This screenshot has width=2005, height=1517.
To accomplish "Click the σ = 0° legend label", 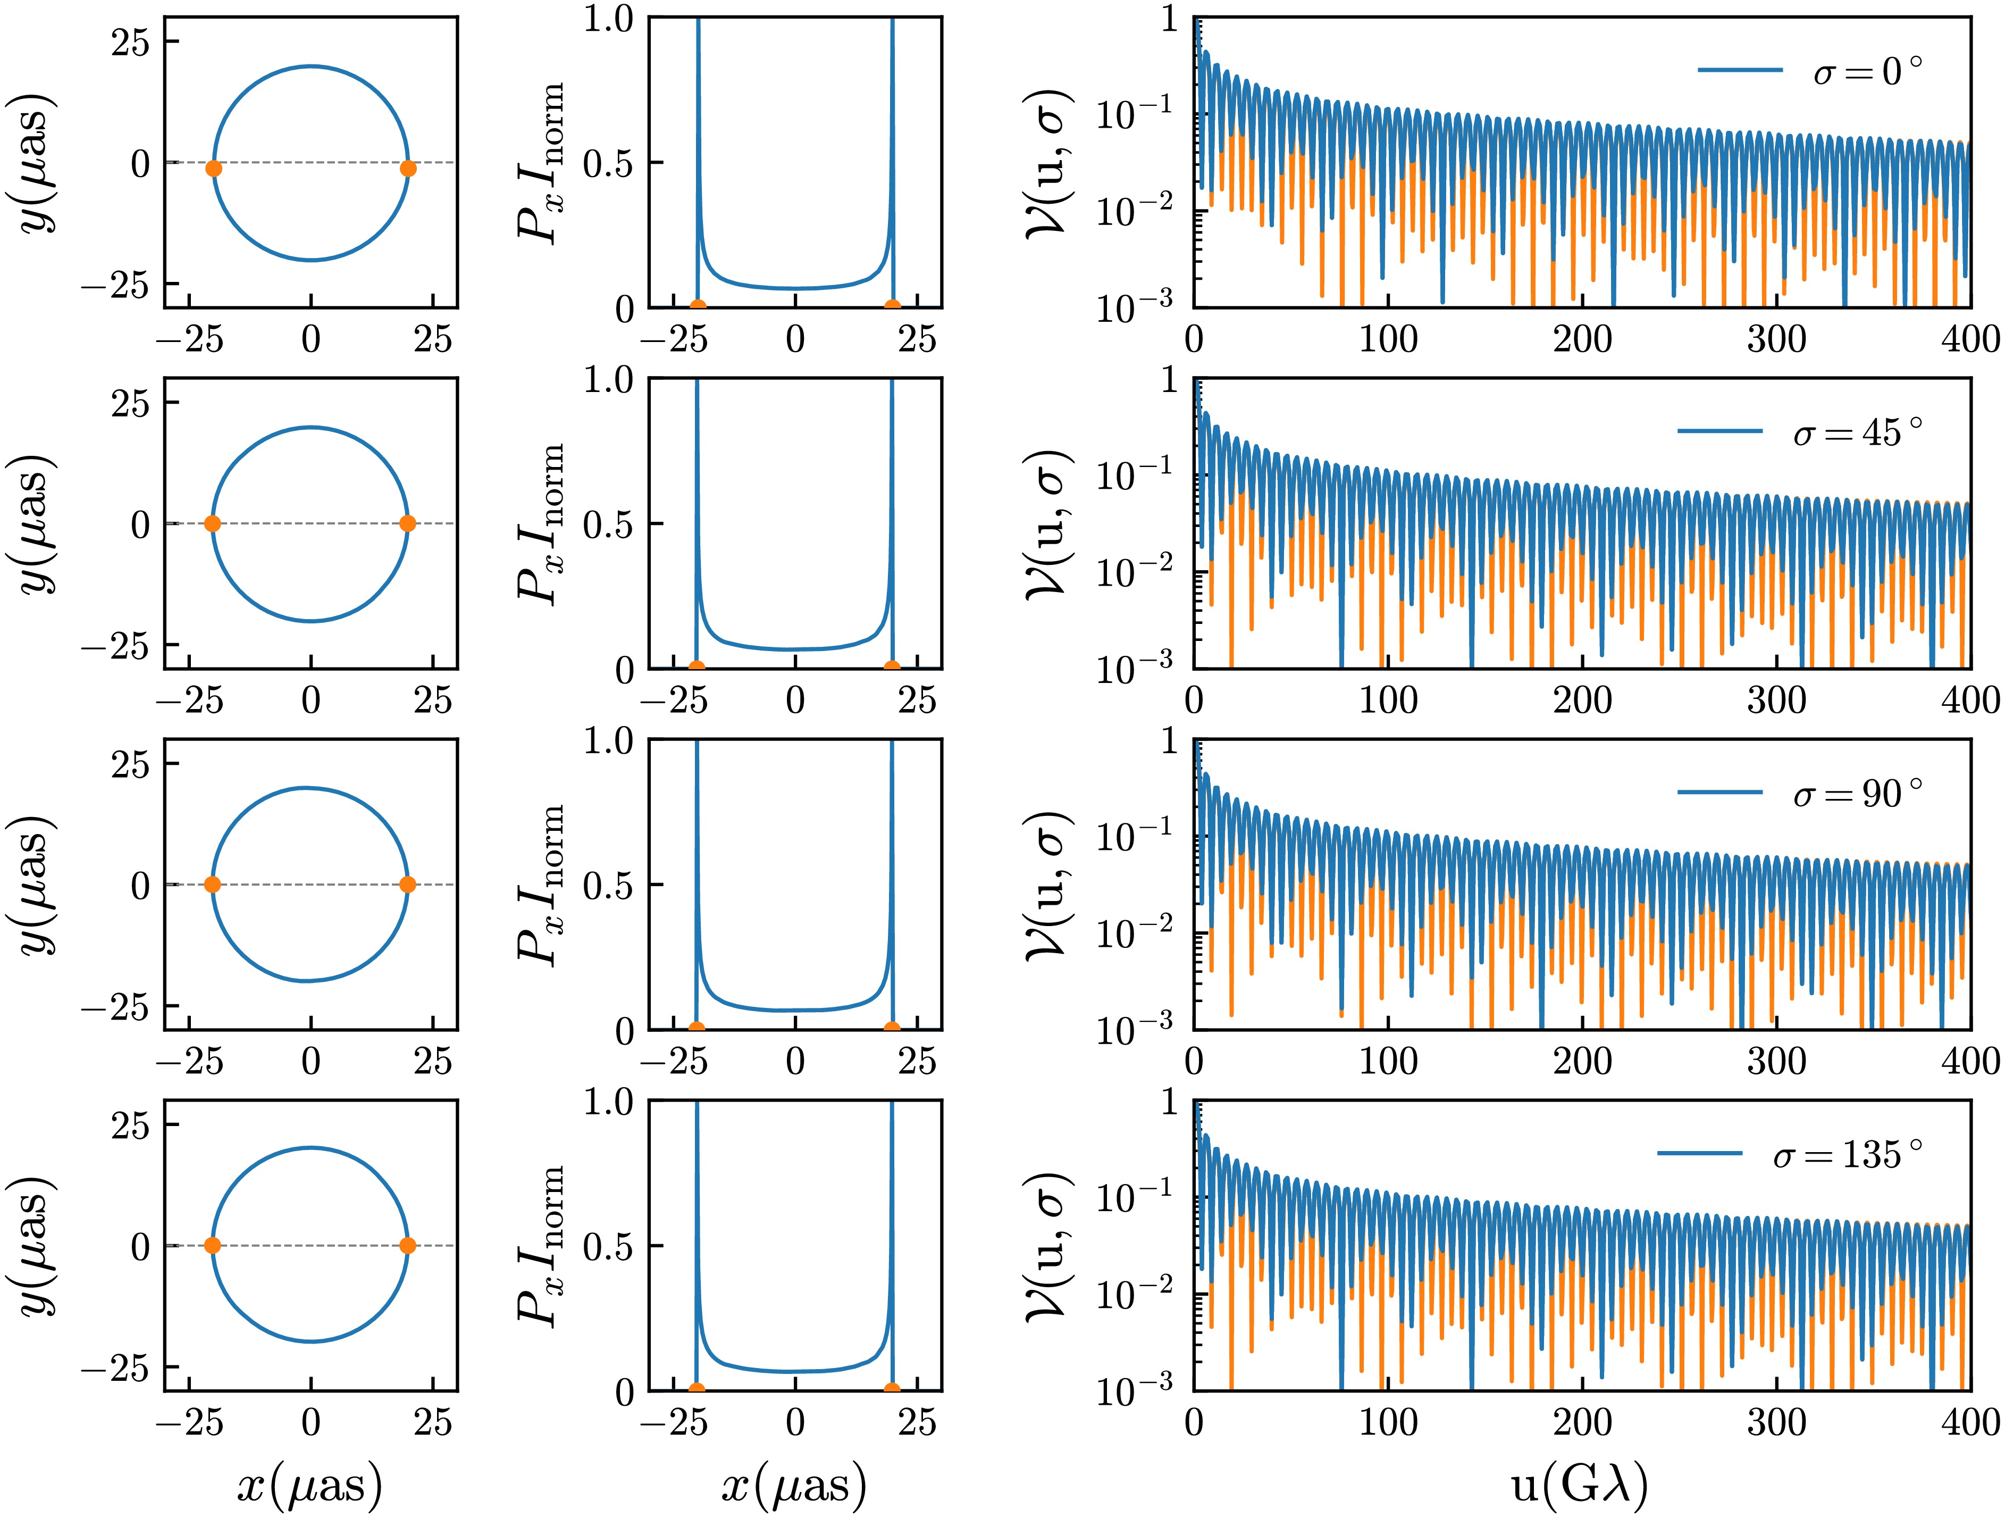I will pos(1867,71).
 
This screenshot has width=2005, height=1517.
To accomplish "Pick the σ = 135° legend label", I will pos(1847,1154).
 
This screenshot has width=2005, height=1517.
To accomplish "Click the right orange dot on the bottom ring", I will pos(408,1245).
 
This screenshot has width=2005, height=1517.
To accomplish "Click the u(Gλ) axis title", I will pos(1579,1485).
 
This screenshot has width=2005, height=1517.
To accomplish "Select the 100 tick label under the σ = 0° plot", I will pos(1388,339).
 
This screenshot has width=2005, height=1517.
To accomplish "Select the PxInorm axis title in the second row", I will pos(541,523).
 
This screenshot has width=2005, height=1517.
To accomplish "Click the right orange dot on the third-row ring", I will pos(408,884).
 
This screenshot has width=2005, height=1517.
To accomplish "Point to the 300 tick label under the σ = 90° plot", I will pos(1776,1061).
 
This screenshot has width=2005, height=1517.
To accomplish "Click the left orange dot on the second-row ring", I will pos(212,523).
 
